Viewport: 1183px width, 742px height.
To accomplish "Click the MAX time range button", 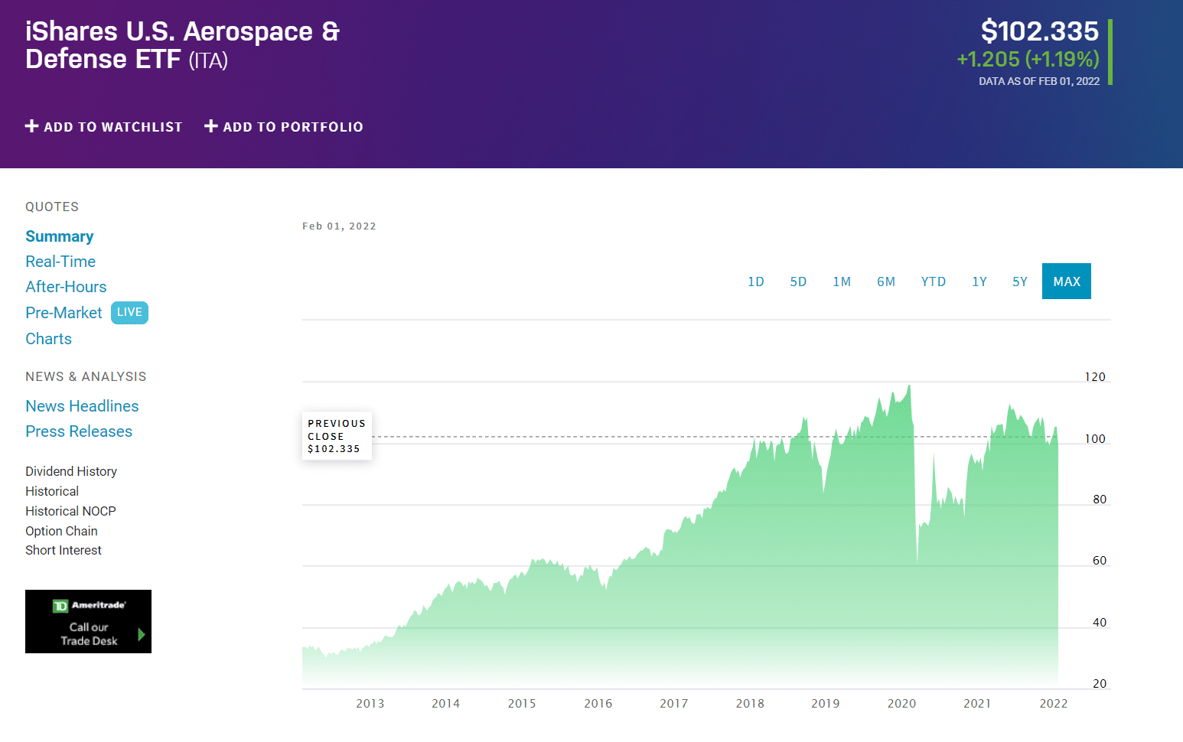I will pyautogui.click(x=1066, y=282).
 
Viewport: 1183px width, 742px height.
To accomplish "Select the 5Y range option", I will pyautogui.click(x=1019, y=282).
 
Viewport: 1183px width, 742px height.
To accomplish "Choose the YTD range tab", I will pyautogui.click(x=933, y=282).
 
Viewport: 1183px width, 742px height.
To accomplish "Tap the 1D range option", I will pyautogui.click(x=755, y=282).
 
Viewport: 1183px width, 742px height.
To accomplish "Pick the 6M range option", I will pyautogui.click(x=885, y=282).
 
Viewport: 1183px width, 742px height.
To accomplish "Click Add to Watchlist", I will pyautogui.click(x=104, y=127).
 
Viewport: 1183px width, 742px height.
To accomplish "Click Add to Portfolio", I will pyautogui.click(x=284, y=127).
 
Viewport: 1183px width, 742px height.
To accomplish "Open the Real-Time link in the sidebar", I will pyautogui.click(x=60, y=262).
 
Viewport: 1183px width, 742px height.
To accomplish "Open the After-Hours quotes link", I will pyautogui.click(x=66, y=287).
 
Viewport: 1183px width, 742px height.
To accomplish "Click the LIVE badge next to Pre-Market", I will pyautogui.click(x=129, y=312).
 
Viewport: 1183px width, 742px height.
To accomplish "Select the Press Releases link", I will pyautogui.click(x=79, y=431).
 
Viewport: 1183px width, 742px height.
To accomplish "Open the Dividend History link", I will pyautogui.click(x=71, y=471).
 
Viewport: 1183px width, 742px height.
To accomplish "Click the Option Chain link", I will pyautogui.click(x=61, y=531).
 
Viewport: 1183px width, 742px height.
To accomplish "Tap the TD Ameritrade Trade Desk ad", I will pyautogui.click(x=88, y=621).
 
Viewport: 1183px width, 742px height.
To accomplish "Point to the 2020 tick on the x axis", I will pyautogui.click(x=901, y=704).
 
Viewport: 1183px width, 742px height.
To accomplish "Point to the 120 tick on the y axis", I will pyautogui.click(x=1095, y=377).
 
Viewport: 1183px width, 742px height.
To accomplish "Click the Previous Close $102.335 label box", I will pyautogui.click(x=337, y=436).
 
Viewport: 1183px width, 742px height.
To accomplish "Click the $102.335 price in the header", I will pyautogui.click(x=1039, y=31).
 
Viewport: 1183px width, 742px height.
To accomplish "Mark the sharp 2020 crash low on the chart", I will pyautogui.click(x=917, y=562).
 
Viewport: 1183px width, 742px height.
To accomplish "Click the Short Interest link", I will pyautogui.click(x=64, y=550).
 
